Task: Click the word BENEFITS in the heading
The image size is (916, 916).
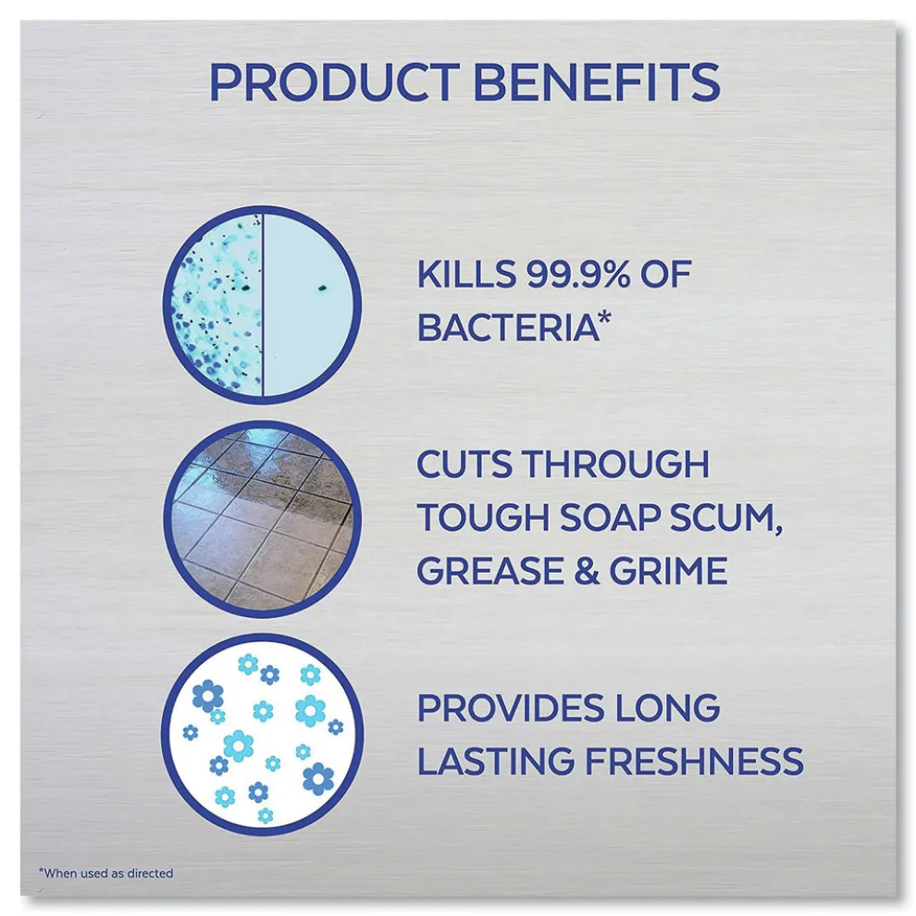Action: pyautogui.click(x=597, y=81)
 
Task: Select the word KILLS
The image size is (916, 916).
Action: pyautogui.click(x=466, y=274)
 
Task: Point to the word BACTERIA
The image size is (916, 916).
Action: pyautogui.click(x=508, y=328)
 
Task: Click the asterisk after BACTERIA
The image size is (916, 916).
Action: pyautogui.click(x=605, y=318)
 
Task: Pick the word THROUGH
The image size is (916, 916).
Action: pyautogui.click(x=615, y=464)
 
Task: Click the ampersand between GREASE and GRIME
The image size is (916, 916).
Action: pyautogui.click(x=587, y=571)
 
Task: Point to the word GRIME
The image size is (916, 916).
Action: pyautogui.click(x=668, y=571)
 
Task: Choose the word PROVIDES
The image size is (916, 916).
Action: pyautogui.click(x=511, y=708)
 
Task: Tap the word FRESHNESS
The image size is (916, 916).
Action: pyautogui.click(x=694, y=761)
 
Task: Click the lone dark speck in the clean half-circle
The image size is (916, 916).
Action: pyautogui.click(x=321, y=288)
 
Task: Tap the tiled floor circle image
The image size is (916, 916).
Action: pyautogui.click(x=262, y=518)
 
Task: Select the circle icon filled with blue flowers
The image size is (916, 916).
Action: pyautogui.click(x=262, y=735)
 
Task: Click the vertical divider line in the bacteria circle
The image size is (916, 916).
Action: pyautogui.click(x=262, y=304)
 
